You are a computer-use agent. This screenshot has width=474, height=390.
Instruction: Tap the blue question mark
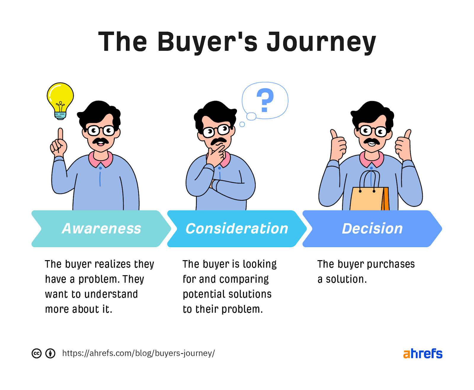265,100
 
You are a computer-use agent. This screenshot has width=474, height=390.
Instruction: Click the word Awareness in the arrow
101,229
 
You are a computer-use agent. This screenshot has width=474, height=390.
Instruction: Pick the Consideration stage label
237,229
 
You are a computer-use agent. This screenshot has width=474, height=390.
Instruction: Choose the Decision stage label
372,229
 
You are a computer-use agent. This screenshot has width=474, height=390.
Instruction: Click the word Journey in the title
321,42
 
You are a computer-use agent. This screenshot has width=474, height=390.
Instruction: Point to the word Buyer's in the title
207,42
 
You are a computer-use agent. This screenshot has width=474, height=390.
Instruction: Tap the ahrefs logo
422,354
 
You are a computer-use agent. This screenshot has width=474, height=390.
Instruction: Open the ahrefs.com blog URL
138,353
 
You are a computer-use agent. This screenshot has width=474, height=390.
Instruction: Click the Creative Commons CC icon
36,353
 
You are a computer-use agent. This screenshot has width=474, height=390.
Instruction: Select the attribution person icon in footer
50,353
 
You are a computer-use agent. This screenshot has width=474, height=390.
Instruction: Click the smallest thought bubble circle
242,124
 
